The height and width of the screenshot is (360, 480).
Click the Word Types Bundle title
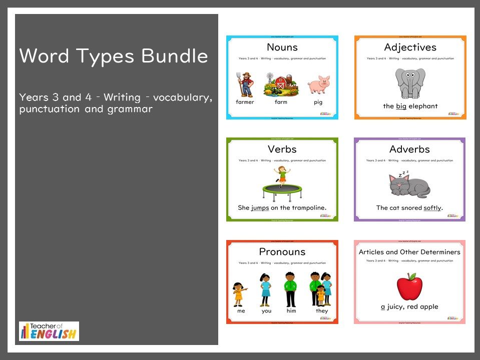point(114,55)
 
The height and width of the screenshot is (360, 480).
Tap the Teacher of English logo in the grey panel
point(49,331)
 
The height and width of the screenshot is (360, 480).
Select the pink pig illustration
point(318,84)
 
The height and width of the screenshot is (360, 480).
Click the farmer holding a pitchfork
point(245,83)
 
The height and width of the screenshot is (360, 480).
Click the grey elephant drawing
point(410,83)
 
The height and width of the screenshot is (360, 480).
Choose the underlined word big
point(401,106)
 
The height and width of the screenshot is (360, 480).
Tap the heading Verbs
point(282,149)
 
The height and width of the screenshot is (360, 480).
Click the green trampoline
point(282,190)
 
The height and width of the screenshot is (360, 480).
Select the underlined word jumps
point(260,207)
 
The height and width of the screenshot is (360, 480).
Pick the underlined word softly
point(432,207)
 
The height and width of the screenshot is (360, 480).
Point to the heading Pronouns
point(282,251)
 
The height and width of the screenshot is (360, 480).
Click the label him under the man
point(291,311)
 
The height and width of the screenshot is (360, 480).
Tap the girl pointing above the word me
point(239,293)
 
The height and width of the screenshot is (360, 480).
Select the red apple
point(409,286)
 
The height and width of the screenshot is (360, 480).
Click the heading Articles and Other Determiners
point(409,252)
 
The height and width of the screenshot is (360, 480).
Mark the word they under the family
point(322,311)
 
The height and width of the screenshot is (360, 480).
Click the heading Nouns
point(282,47)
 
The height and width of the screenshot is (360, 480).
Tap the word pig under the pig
point(318,102)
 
